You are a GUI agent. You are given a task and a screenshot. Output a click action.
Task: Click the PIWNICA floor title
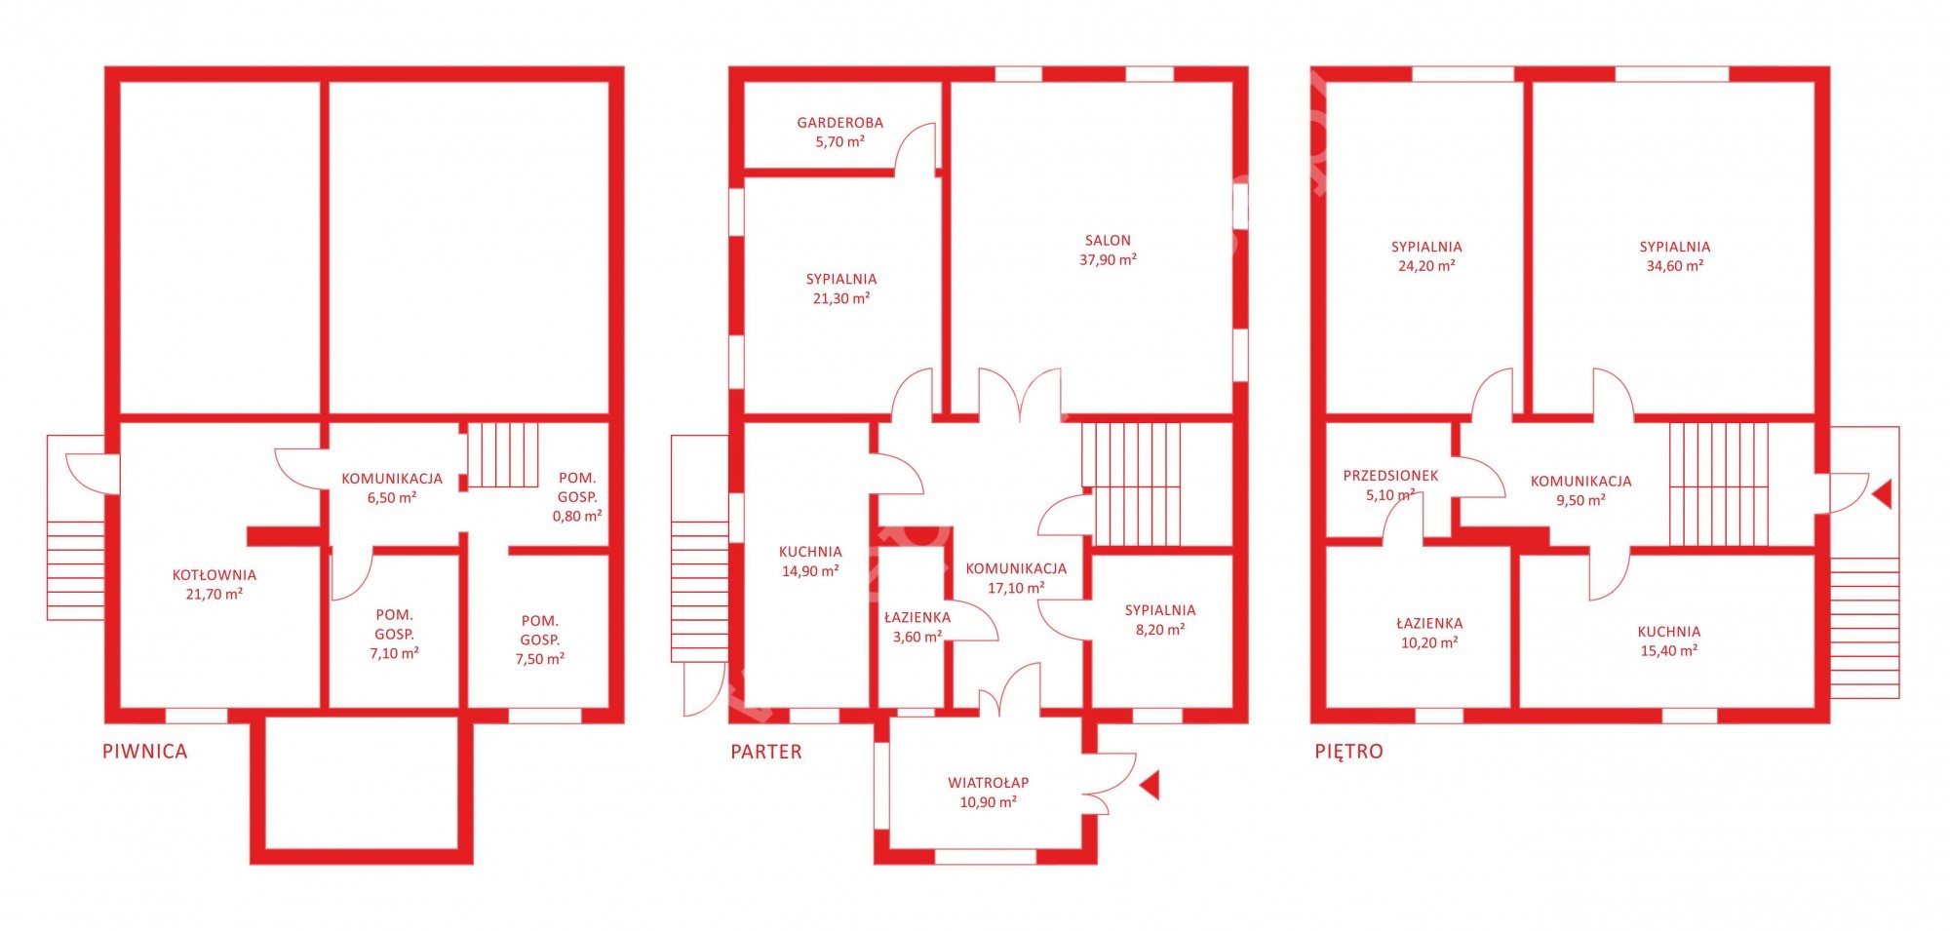pyautogui.click(x=144, y=752)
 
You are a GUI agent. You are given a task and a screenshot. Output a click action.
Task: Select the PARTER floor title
pyautogui.click(x=766, y=752)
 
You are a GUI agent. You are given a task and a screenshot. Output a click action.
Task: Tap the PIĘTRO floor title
pyautogui.click(x=1348, y=752)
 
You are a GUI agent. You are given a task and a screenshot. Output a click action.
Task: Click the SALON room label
pyautogui.click(x=1108, y=241)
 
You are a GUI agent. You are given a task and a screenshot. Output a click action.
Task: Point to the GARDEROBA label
pyautogui.click(x=840, y=123)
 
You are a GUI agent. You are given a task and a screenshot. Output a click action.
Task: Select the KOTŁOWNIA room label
pyautogui.click(x=214, y=575)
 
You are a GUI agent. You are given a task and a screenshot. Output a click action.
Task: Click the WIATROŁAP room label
pyautogui.click(x=989, y=783)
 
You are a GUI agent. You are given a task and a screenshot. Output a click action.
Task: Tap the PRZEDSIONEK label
pyautogui.click(x=1390, y=476)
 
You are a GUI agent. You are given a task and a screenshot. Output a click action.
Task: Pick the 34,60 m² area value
pyautogui.click(x=1675, y=266)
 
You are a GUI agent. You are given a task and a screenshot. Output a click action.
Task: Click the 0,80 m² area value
pyautogui.click(x=577, y=516)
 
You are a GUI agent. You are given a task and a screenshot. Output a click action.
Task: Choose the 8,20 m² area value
pyautogui.click(x=1160, y=630)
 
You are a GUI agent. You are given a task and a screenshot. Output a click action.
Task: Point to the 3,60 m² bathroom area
pyautogui.click(x=917, y=637)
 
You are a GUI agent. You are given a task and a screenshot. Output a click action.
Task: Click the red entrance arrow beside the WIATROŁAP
pyautogui.click(x=1150, y=786)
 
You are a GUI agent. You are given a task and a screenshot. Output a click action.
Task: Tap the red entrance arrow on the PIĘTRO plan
pyautogui.click(x=1882, y=493)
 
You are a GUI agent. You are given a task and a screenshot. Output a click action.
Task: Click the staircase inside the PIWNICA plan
pyautogui.click(x=503, y=454)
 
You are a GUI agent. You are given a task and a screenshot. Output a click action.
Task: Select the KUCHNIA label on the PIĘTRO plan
pyautogui.click(x=1669, y=632)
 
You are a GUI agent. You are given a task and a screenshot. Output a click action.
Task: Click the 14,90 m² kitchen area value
pyautogui.click(x=810, y=571)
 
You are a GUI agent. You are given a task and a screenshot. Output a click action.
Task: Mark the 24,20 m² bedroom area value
pyautogui.click(x=1426, y=266)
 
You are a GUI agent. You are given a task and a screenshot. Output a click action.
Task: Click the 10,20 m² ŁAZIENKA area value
pyautogui.click(x=1429, y=643)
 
